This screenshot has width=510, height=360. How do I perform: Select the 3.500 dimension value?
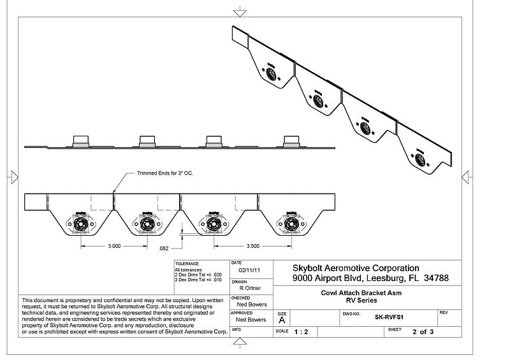(252, 245)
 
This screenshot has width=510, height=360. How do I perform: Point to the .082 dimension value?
(163, 247)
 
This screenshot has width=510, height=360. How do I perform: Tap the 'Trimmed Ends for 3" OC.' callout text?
(165, 173)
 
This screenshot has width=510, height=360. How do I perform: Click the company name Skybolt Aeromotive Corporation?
(356, 268)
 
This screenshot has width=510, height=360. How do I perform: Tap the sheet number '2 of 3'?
(423, 332)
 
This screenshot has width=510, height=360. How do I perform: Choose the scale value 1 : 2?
(303, 332)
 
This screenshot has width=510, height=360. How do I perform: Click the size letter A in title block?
(282, 320)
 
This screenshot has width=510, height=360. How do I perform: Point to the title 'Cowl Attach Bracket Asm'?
(365, 293)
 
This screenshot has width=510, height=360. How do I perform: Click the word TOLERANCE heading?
(187, 263)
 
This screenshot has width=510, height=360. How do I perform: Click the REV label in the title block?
(444, 313)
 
